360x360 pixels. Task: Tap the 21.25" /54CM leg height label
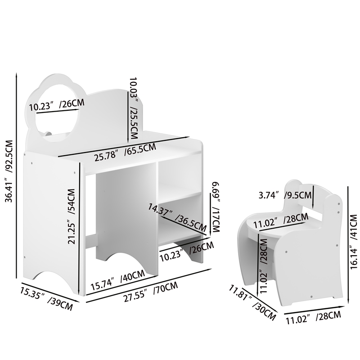[x=72, y=216]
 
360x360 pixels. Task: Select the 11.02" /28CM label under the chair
[x=311, y=317]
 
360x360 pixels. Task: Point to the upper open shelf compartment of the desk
[x=180, y=175]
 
